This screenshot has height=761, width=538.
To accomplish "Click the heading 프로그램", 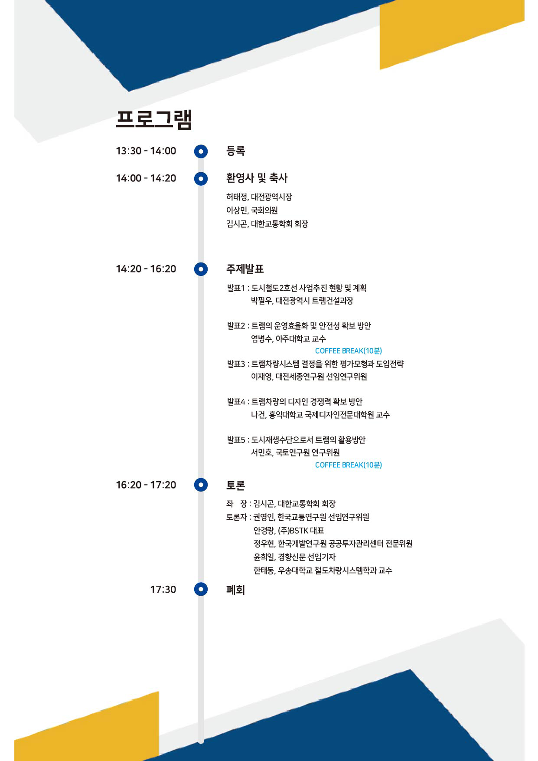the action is [154, 119].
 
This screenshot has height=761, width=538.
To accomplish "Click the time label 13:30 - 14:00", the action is [146, 151].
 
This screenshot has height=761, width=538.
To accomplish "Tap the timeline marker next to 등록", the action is [201, 151].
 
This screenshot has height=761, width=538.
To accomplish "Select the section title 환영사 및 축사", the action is [257, 178].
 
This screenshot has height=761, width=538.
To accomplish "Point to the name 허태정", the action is [237, 197].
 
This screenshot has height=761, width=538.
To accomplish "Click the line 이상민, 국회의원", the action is [252, 210].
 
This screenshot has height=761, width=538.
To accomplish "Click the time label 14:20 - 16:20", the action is [146, 269].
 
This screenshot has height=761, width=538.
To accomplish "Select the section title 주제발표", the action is [245, 269].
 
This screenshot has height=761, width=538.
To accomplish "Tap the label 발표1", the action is [236, 288].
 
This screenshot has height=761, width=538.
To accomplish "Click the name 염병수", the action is [261, 339].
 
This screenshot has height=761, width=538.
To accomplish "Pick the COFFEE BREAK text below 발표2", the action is [348, 351].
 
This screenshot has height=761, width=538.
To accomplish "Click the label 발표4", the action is [236, 402].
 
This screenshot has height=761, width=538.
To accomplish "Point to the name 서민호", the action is [261, 453].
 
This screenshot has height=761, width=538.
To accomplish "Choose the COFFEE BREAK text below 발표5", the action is [348, 465].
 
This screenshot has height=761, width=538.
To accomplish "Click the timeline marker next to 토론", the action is [201, 485].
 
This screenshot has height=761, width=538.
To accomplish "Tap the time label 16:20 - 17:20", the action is [146, 485].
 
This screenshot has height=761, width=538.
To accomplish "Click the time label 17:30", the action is [163, 590].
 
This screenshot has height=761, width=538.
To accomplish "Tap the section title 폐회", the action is [235, 590].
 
